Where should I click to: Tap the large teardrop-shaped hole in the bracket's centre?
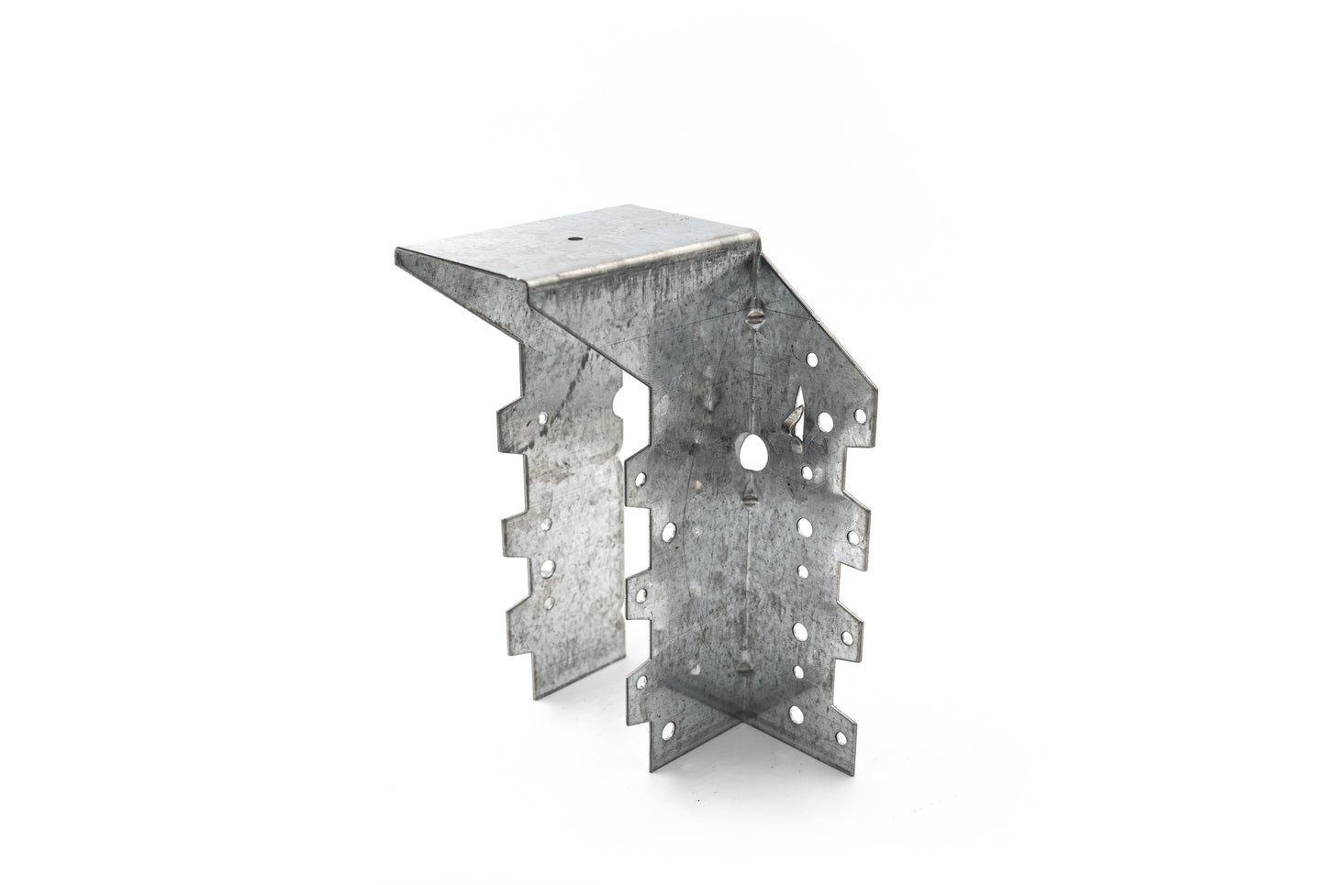pyautogui.click(x=752, y=451)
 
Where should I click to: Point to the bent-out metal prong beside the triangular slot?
pyautogui.click(x=789, y=424)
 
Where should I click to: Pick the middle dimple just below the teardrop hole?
pyautogui.click(x=750, y=496)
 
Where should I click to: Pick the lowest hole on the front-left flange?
pyautogui.click(x=669, y=730)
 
